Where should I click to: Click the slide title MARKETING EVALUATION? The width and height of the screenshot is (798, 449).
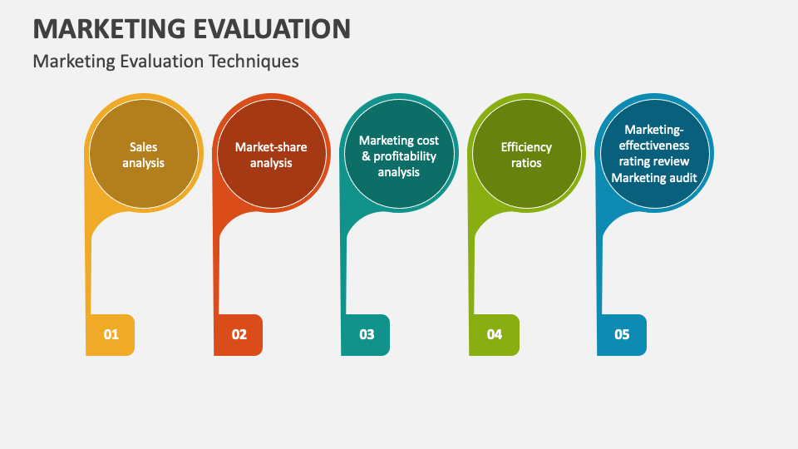[191, 28]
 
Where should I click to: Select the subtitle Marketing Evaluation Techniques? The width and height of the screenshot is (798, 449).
[165, 62]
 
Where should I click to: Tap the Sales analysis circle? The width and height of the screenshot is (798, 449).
[144, 155]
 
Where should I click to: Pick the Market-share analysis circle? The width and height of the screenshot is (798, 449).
[271, 155]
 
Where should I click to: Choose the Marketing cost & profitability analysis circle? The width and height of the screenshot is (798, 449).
[399, 155]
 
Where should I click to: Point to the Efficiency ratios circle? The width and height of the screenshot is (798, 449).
[526, 155]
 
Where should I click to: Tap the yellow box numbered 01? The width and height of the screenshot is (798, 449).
[111, 334]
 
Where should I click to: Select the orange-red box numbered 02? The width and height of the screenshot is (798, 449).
[239, 334]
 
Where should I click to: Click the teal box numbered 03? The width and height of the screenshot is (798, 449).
[367, 334]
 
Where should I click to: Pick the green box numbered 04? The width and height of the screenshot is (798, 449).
[495, 334]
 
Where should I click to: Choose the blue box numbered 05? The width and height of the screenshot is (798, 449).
[622, 334]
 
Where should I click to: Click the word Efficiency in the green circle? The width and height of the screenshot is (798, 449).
[526, 147]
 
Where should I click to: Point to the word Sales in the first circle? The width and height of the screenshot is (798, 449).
[144, 147]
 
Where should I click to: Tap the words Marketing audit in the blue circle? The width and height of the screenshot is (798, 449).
[655, 177]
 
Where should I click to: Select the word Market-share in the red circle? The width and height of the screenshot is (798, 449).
[271, 147]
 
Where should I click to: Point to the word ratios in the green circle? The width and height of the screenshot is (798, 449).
[526, 163]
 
